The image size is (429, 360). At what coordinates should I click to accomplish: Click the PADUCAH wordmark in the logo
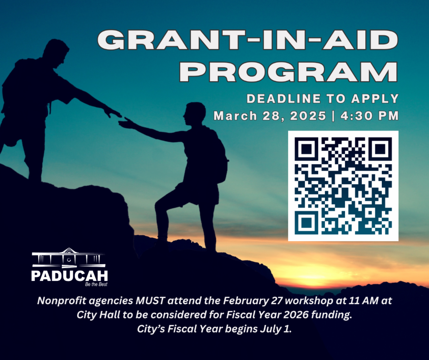pyautogui.click(x=69, y=276)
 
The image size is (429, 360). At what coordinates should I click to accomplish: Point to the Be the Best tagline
pyautogui.click(x=96, y=284)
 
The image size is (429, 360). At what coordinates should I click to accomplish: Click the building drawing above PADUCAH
pyautogui.click(x=69, y=258)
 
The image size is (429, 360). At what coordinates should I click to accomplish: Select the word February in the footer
pyautogui.click(x=246, y=301)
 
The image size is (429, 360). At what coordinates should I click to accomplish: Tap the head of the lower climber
pyautogui.click(x=194, y=114)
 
